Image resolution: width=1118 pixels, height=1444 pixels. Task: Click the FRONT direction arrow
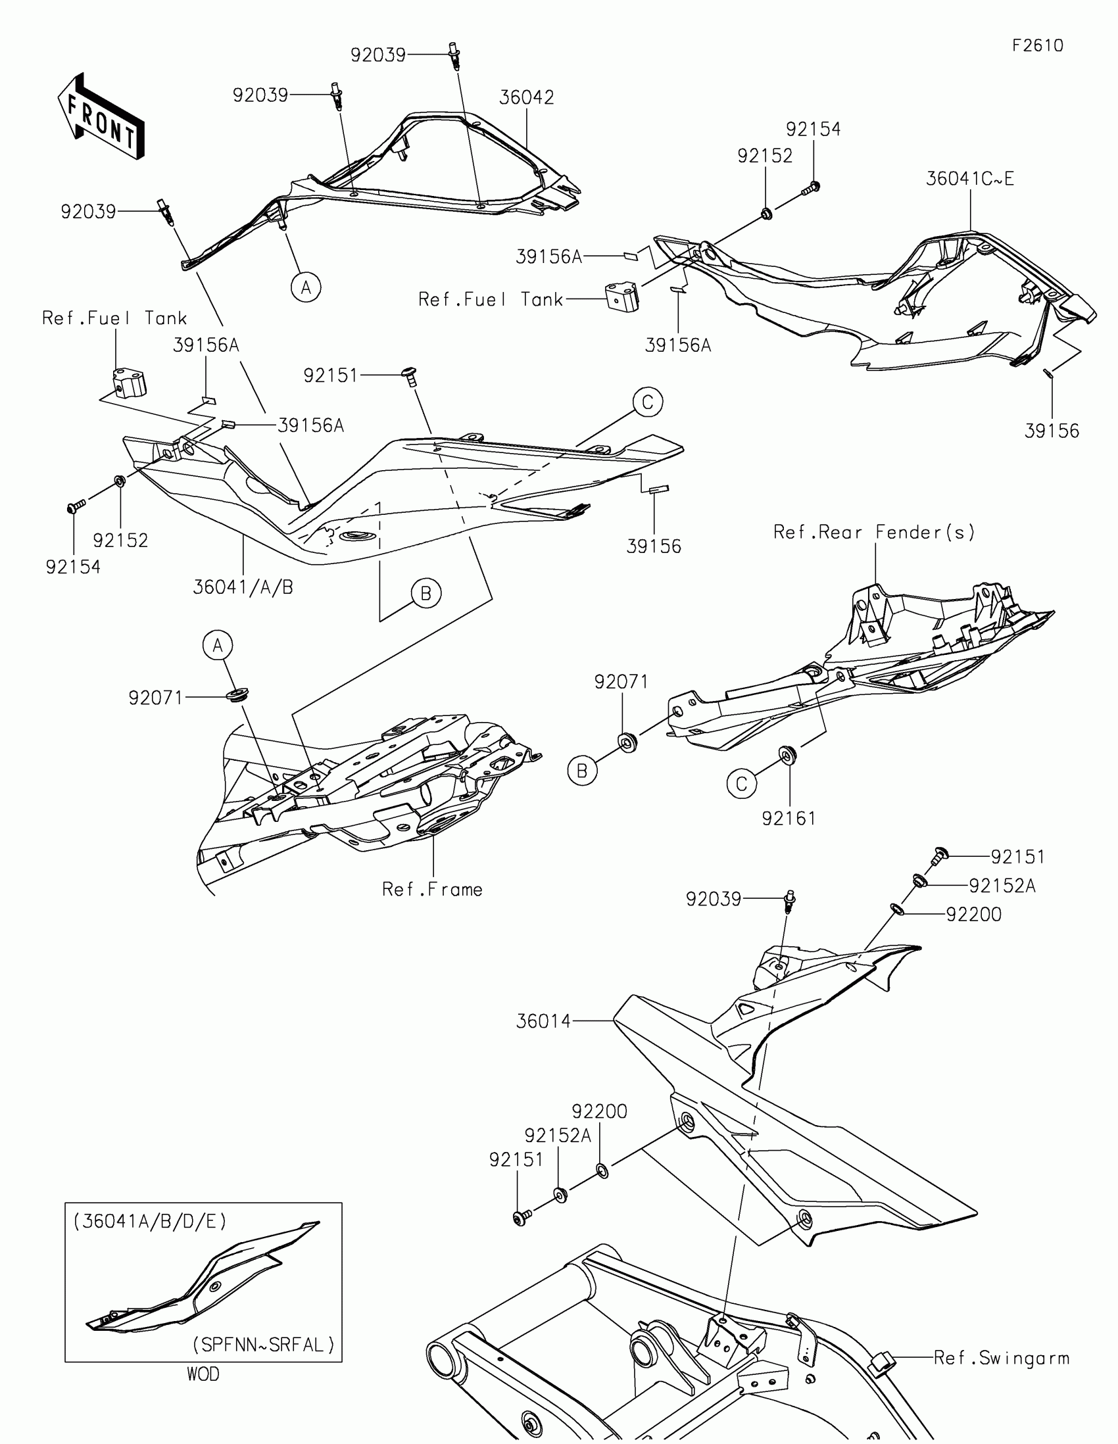click(101, 116)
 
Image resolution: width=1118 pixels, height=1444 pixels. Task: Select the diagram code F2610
click(1037, 45)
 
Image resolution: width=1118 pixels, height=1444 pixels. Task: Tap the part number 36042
click(526, 98)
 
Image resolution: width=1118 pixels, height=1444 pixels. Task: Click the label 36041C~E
click(969, 178)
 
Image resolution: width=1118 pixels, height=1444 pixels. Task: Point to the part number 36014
click(543, 1021)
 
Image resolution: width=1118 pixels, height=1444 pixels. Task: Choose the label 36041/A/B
click(243, 587)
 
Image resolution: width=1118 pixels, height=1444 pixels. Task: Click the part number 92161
click(789, 819)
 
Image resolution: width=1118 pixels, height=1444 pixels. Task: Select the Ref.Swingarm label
click(1001, 1359)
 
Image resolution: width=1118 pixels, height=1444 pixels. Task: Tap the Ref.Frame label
click(432, 890)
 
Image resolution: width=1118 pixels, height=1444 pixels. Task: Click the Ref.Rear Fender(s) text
click(874, 532)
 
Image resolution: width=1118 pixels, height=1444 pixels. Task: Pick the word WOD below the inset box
click(203, 1374)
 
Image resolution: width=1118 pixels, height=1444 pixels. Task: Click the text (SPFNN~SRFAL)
click(264, 1345)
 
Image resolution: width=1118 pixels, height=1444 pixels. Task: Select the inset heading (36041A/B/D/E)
click(150, 1221)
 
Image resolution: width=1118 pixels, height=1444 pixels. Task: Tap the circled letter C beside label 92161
click(741, 784)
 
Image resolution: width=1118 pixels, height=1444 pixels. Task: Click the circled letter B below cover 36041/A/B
click(425, 594)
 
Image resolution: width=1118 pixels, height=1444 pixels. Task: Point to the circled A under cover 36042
click(306, 287)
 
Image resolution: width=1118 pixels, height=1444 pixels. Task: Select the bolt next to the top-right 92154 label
click(812, 189)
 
